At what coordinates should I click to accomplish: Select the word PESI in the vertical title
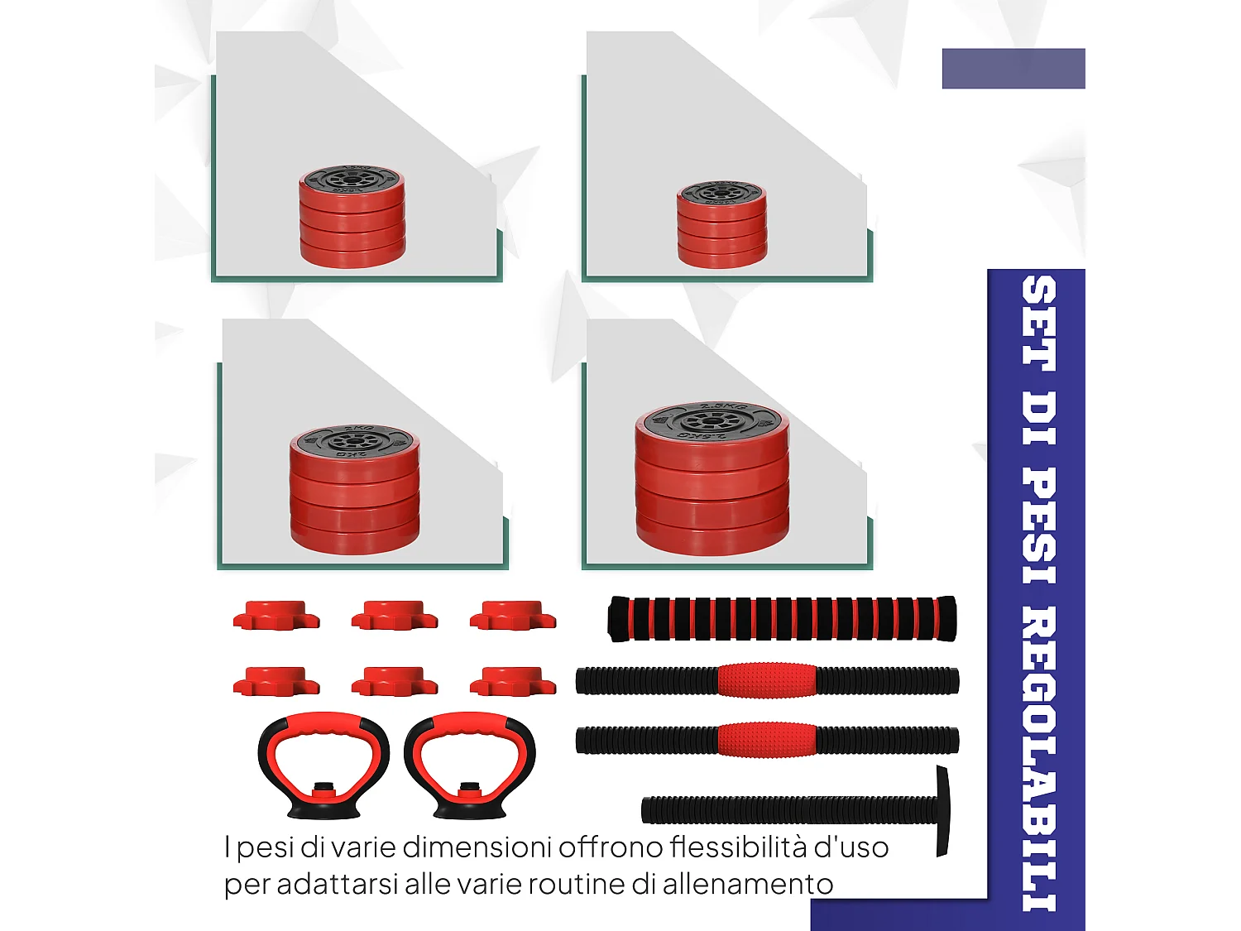pos(1038,526)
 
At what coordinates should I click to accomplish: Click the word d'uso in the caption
pos(851,847)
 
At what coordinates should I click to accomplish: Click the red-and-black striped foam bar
pos(782,618)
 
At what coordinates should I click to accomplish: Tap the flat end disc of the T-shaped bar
pos(942,811)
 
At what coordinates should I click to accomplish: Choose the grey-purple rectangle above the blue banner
pos(1013,69)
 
